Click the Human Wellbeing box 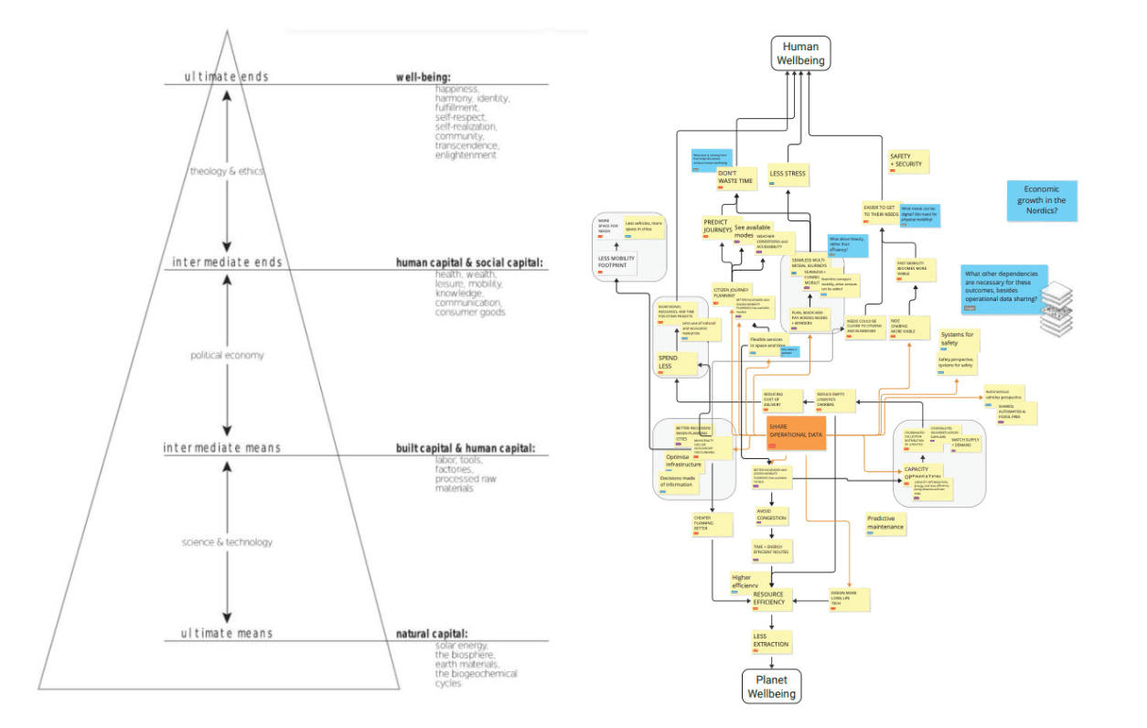click(x=800, y=53)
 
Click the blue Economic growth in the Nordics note click(x=1042, y=200)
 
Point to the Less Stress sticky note click(x=788, y=172)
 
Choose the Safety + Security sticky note click(x=908, y=162)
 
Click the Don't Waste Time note click(x=736, y=177)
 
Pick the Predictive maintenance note click(x=885, y=523)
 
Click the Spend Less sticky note click(x=671, y=362)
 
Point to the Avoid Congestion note click(x=771, y=515)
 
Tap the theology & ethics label click(x=225, y=171)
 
